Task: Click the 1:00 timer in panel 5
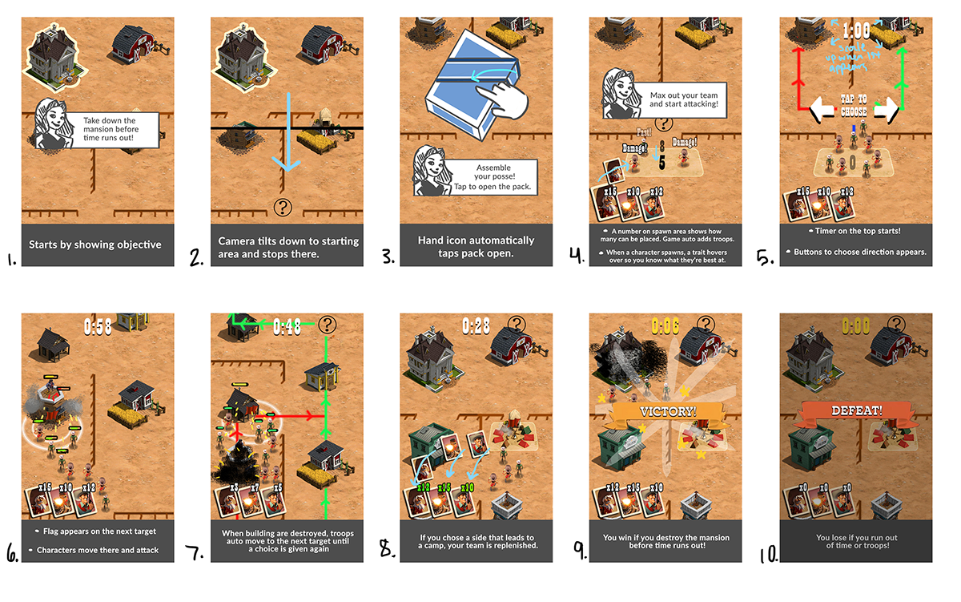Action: tap(855, 31)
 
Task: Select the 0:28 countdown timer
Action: tap(476, 325)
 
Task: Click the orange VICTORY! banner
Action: tap(665, 411)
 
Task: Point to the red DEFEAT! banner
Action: tap(856, 411)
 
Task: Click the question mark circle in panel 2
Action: tap(282, 206)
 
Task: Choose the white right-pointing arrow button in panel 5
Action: tap(887, 110)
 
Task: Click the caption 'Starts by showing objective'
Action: tap(94, 244)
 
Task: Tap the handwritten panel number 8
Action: tap(387, 551)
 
